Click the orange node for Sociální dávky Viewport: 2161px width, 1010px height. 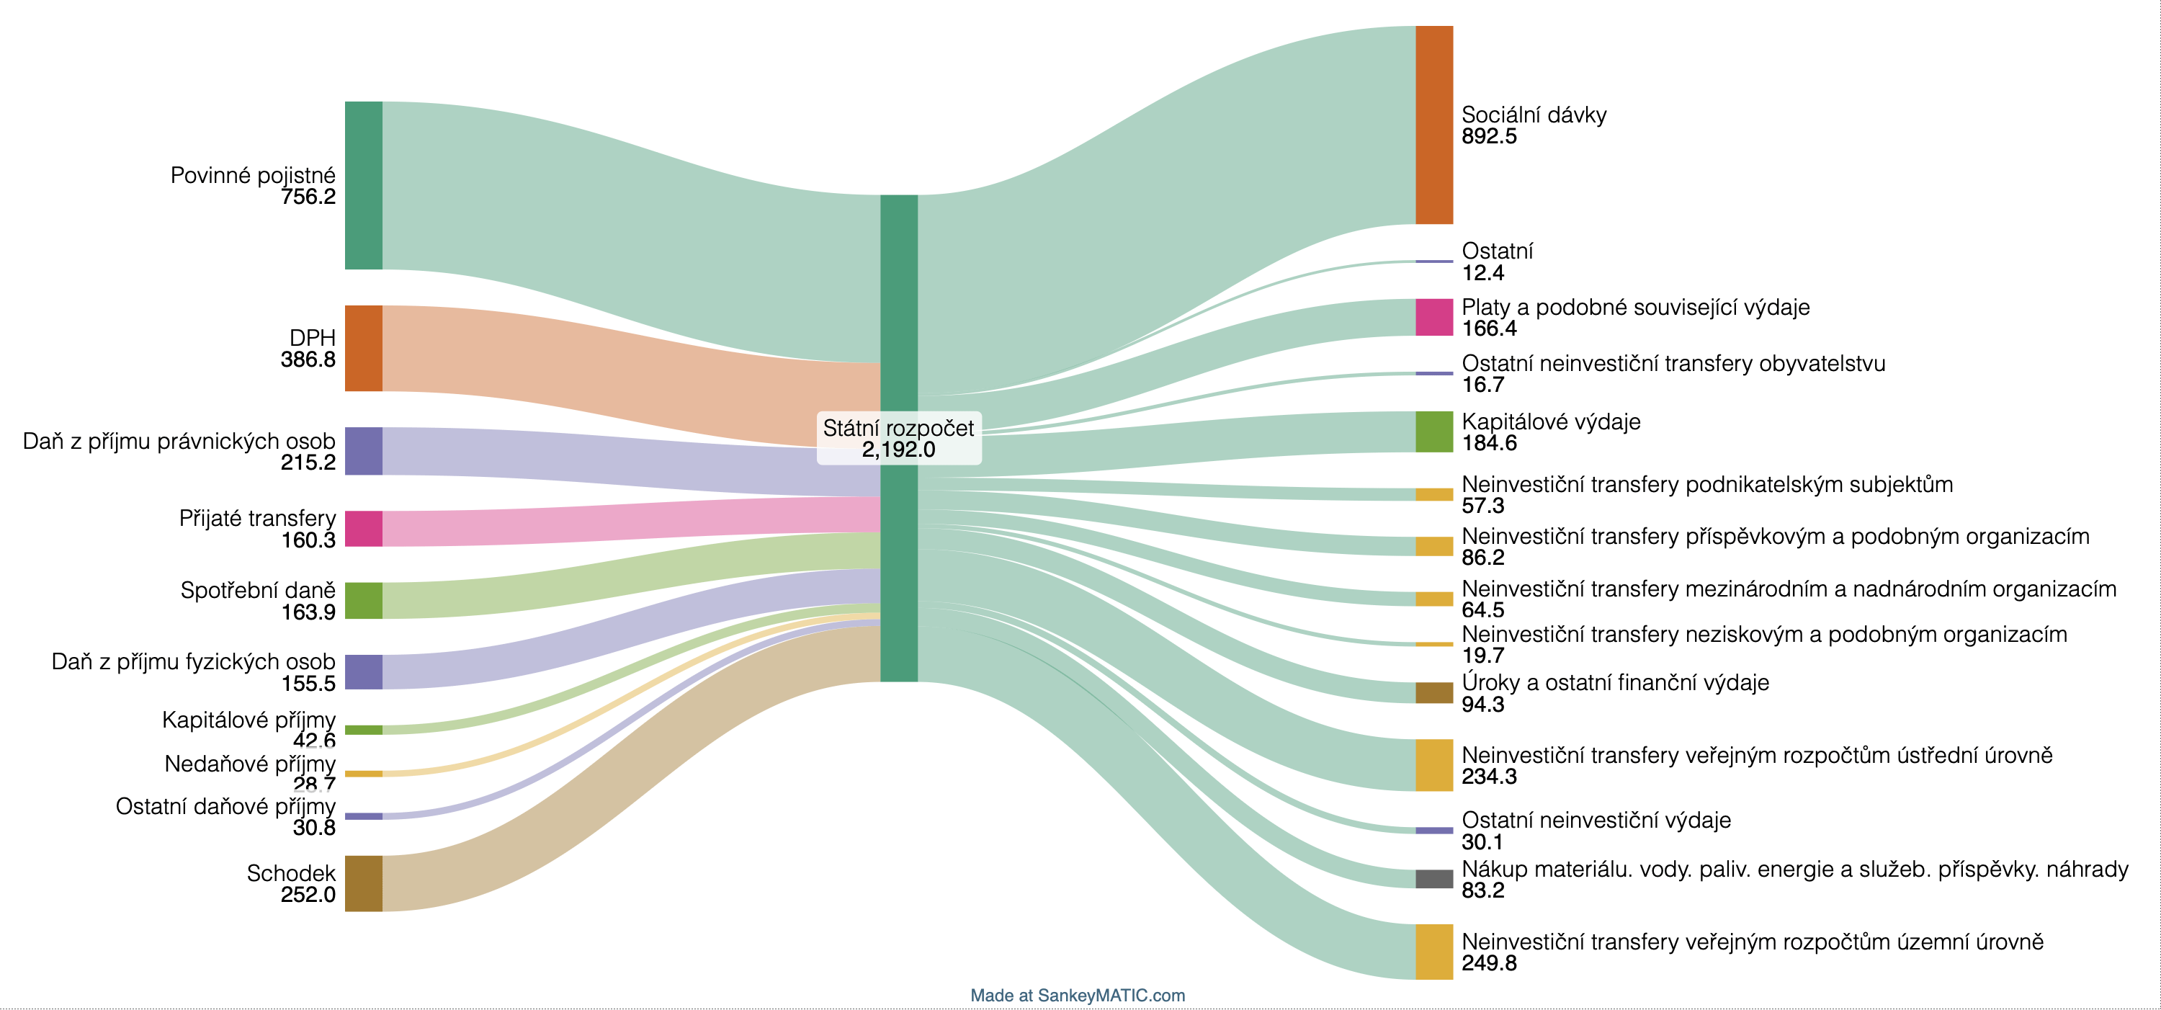pos(1433,125)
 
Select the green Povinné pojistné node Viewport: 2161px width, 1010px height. pos(363,185)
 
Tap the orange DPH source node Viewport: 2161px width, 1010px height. pos(363,348)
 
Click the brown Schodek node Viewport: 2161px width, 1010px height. pos(363,883)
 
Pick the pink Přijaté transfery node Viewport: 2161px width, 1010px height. pos(363,529)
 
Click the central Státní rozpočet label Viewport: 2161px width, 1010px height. pos(898,428)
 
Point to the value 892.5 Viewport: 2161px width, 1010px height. pos(1489,137)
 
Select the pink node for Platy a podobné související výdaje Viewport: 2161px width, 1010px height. pos(1433,317)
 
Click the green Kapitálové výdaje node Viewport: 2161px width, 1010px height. pos(1433,432)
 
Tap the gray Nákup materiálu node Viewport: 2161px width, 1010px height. pos(1433,878)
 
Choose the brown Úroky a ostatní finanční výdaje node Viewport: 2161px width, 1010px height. pos(1433,692)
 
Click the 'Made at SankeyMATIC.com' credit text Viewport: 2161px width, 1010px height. pos(1078,995)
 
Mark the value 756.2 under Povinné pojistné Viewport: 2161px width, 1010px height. pos(308,197)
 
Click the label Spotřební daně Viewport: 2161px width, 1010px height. pos(258,590)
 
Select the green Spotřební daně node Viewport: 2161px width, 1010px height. pos(363,601)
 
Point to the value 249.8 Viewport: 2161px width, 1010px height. pos(1489,964)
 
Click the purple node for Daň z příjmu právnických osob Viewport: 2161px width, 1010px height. pos(363,451)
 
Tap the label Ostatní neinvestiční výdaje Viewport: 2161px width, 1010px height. pos(1596,820)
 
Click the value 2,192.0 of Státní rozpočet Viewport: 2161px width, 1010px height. pos(898,450)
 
